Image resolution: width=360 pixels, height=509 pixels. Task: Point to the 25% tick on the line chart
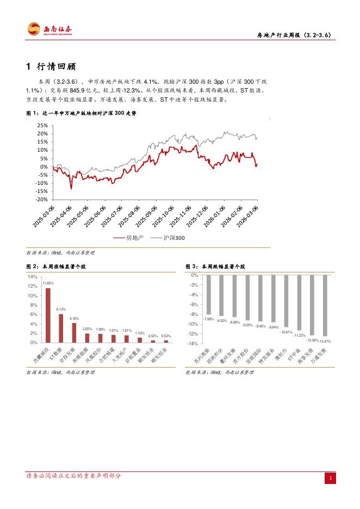click(42, 125)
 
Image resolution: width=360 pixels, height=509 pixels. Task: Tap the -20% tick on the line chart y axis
click(41, 200)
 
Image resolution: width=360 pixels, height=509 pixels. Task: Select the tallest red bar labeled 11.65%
click(48, 315)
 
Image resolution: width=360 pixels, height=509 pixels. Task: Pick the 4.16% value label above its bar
click(75, 318)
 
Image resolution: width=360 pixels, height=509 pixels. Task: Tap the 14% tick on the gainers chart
click(32, 276)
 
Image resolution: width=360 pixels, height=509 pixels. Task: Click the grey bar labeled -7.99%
click(208, 295)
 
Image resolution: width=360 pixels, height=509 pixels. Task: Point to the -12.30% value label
click(312, 340)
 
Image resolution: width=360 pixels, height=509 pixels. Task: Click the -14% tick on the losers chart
click(194, 344)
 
